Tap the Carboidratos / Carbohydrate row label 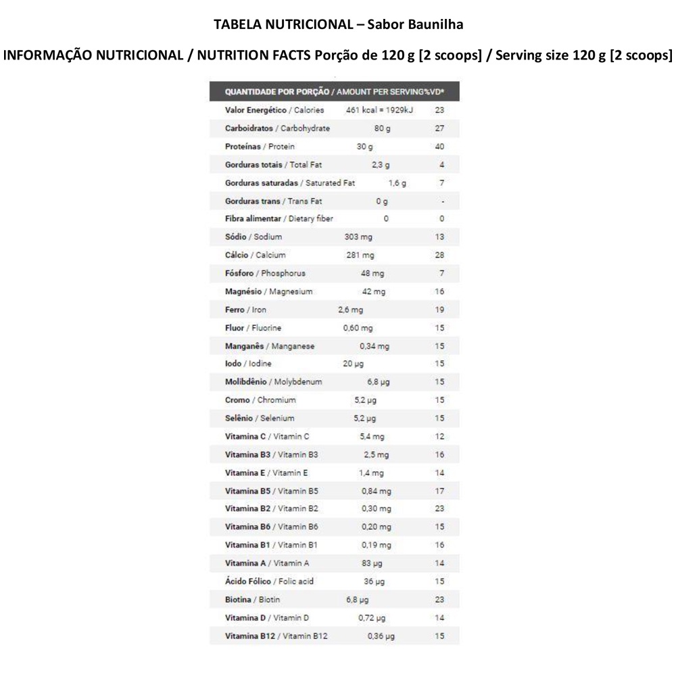[277, 128]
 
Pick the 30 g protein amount [364, 147]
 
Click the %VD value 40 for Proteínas [439, 147]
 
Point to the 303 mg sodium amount [358, 237]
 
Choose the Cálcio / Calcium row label [255, 256]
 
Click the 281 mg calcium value [359, 256]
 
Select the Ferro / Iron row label [245, 310]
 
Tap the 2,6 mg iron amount [350, 310]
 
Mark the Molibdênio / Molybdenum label [273, 382]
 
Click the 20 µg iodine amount [353, 364]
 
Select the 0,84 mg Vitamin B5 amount [375, 491]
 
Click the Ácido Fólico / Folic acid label [269, 581]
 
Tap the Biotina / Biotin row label [252, 600]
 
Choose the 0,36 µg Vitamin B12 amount [381, 636]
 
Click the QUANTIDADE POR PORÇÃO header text [276, 91]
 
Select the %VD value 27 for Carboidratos [439, 128]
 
